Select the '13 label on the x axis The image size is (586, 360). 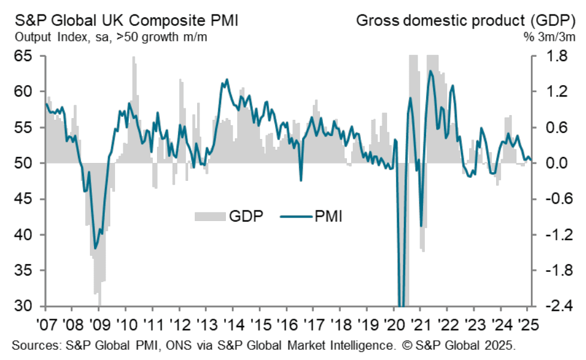click(206, 327)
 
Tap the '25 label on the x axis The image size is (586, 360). click(527, 327)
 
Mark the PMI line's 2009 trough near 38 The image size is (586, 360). click(95, 248)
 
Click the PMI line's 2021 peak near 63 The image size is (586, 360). click(430, 71)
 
